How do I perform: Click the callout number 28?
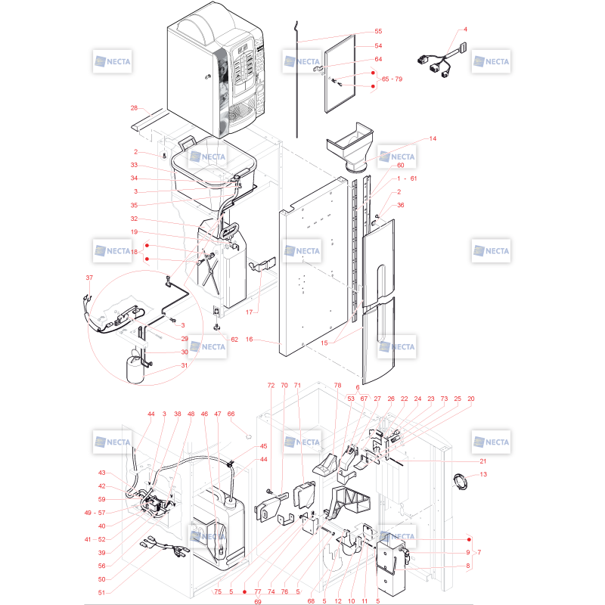click(x=134, y=108)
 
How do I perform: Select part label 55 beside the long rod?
click(x=378, y=31)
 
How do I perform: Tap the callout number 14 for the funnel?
click(x=433, y=138)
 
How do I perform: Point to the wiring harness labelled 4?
click(x=442, y=60)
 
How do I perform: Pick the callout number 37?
click(x=89, y=278)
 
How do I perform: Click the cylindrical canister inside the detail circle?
click(x=135, y=370)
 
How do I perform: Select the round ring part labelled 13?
click(x=460, y=482)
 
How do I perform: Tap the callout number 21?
click(x=482, y=461)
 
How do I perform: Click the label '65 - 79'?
click(x=392, y=79)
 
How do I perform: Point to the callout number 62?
click(x=234, y=340)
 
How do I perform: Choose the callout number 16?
click(x=250, y=339)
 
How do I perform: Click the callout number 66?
click(x=231, y=414)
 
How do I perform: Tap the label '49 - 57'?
click(x=95, y=513)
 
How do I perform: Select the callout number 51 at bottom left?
click(x=101, y=593)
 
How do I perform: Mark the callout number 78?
click(x=337, y=385)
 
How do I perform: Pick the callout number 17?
click(x=250, y=312)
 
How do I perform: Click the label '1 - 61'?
click(x=406, y=178)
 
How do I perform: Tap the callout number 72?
click(x=271, y=385)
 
